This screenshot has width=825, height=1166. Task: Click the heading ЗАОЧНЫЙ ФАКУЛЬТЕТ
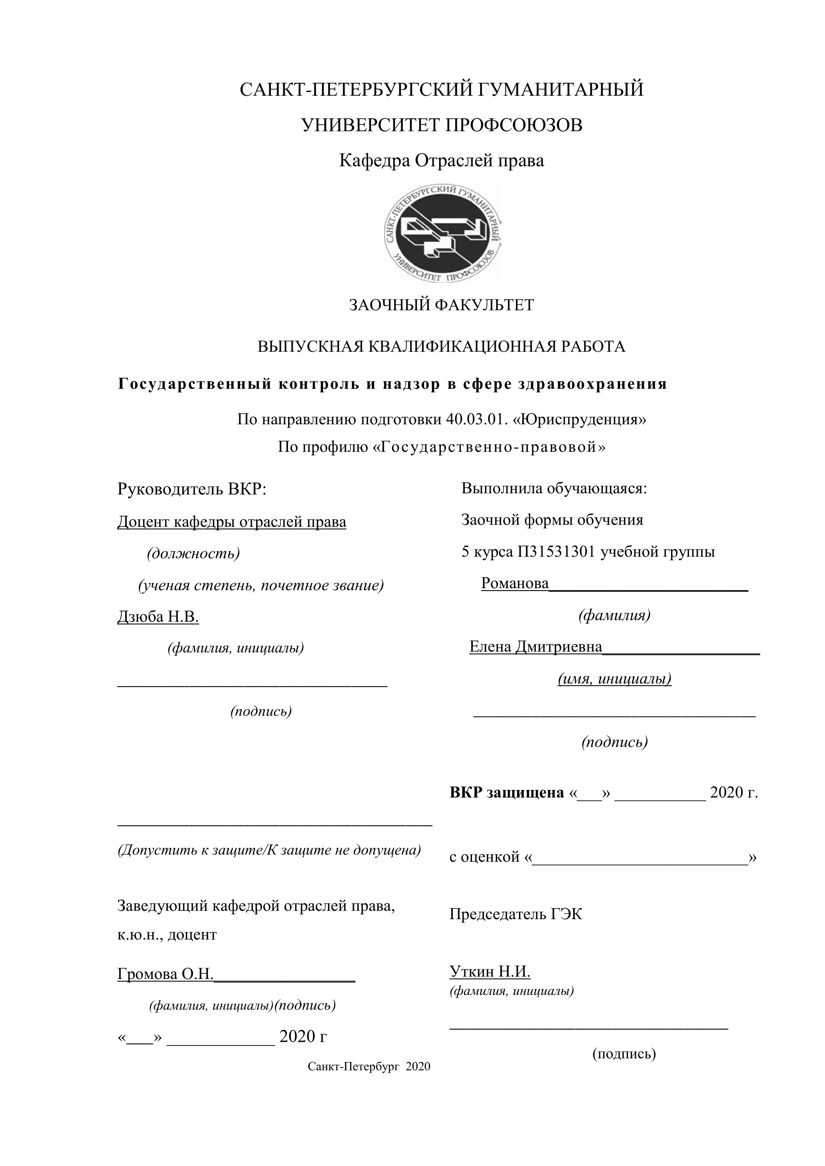point(442,305)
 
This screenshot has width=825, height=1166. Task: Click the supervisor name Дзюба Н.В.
point(158,616)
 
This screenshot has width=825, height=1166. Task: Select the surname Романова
point(515,583)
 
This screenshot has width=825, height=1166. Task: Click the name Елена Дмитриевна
point(535,646)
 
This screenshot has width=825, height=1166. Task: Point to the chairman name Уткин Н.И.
point(490,971)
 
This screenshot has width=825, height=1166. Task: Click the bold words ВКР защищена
point(507,793)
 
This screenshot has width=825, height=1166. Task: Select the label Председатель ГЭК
point(515,914)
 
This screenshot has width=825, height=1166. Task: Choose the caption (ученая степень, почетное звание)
point(261,585)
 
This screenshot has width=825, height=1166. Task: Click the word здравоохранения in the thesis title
point(592,384)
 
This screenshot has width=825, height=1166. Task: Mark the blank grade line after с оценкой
point(640,857)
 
